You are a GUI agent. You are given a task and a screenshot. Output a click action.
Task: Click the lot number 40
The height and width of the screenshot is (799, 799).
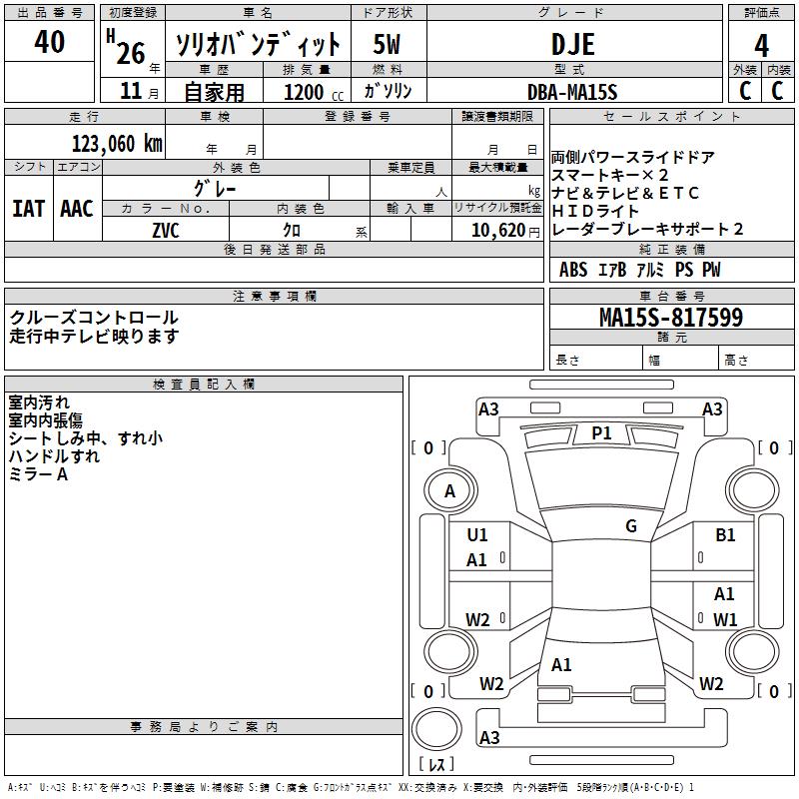click(x=49, y=43)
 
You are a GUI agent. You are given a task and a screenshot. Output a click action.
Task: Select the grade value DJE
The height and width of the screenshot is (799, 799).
click(x=573, y=44)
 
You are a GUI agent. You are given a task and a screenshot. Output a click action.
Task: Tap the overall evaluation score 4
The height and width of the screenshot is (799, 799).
click(x=762, y=44)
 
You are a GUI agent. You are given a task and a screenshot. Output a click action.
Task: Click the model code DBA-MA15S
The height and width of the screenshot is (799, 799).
click(x=573, y=92)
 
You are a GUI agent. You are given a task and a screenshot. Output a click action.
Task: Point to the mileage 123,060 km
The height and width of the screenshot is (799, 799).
click(x=117, y=143)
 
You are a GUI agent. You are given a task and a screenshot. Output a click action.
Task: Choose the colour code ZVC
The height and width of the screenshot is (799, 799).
click(x=166, y=229)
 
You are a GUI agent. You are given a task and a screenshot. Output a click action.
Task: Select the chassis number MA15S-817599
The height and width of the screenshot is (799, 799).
click(x=671, y=318)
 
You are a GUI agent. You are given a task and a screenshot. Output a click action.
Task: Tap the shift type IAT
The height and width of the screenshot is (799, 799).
click(x=28, y=209)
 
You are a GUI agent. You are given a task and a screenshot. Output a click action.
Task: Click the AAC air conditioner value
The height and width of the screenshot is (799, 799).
click(x=77, y=209)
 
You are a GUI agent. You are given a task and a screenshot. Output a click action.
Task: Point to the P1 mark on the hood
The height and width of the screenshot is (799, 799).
click(x=601, y=432)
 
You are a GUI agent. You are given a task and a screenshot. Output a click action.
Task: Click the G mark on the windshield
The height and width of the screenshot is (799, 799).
click(x=631, y=526)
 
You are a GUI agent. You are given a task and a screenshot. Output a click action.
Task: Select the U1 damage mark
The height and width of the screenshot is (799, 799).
click(x=477, y=535)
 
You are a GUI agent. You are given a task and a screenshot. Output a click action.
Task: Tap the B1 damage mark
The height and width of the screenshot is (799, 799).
click(x=725, y=535)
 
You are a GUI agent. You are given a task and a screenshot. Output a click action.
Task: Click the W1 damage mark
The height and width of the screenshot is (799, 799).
click(x=725, y=619)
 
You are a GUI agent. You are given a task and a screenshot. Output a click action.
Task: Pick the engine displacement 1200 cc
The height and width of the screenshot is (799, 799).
click(x=304, y=92)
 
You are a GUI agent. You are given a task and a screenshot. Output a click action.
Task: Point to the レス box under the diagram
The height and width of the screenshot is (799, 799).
click(x=437, y=764)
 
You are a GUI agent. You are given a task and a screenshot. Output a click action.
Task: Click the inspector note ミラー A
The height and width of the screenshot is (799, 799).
click(x=38, y=475)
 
